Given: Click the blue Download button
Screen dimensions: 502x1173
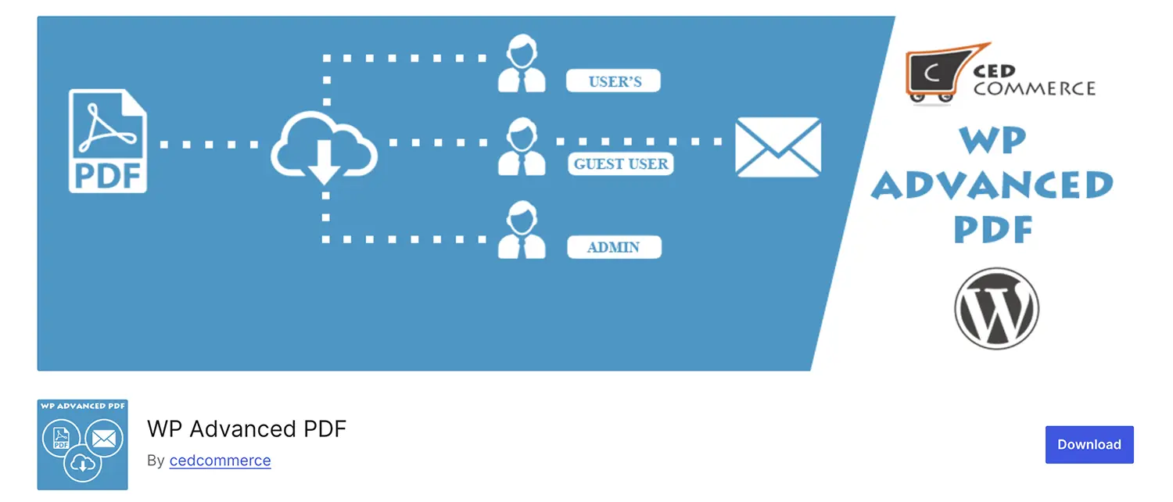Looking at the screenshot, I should [x=1089, y=444].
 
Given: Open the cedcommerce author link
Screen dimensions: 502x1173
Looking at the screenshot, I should [x=220, y=461].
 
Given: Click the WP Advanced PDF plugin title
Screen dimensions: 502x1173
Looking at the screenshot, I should [x=246, y=428].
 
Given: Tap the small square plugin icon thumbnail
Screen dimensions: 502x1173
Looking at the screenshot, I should [x=82, y=445].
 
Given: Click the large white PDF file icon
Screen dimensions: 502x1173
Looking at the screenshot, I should [x=107, y=142].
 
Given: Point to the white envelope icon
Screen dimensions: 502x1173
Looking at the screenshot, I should [x=778, y=146].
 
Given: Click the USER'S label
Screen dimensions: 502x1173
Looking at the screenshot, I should [x=614, y=81].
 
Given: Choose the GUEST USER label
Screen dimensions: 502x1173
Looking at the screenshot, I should [x=621, y=164].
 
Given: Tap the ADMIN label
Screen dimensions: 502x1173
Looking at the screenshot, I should [x=614, y=248].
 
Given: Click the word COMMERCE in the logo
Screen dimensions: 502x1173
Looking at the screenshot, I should [x=1034, y=88].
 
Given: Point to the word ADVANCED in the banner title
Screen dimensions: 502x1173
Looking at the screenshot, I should [x=992, y=185].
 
